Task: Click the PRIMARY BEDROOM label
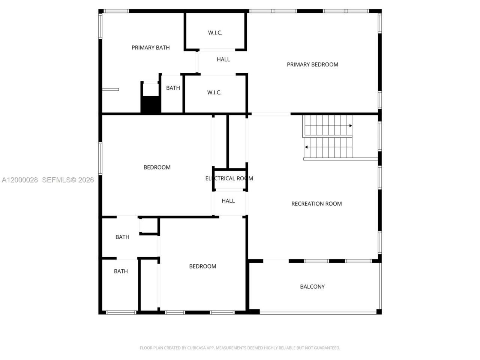tap(312, 64)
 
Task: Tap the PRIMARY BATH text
tap(150, 48)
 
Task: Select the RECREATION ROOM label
tap(316, 204)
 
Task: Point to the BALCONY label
tap(312, 286)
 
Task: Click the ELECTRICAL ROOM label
tap(229, 178)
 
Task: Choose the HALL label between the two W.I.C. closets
tap(223, 59)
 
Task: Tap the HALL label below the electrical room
tap(228, 201)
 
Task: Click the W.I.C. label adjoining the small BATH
tap(214, 92)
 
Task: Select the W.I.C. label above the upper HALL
tap(215, 33)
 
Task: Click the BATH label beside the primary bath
tap(173, 88)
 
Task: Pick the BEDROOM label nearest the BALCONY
tap(202, 266)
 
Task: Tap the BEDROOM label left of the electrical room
tap(157, 167)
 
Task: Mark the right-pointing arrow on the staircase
tap(351, 126)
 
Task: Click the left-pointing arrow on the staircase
tap(306, 147)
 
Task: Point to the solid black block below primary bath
tap(151, 105)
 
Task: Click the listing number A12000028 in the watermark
tap(20, 180)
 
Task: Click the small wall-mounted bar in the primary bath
tap(111, 89)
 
